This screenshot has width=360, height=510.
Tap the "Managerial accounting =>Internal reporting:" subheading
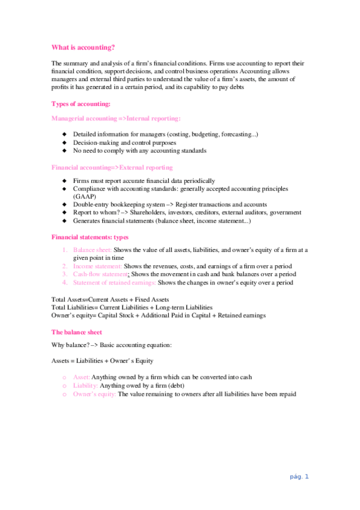click(116, 119)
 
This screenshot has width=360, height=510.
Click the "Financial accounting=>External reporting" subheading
click(112, 167)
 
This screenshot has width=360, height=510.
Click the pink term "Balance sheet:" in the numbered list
click(92, 250)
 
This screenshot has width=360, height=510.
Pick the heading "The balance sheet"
click(77, 332)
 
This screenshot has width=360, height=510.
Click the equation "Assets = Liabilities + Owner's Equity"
click(102, 361)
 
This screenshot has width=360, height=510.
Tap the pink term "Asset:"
click(82, 377)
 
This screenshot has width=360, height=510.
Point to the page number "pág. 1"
click(298, 477)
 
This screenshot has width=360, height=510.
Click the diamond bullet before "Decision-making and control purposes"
click(65, 143)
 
